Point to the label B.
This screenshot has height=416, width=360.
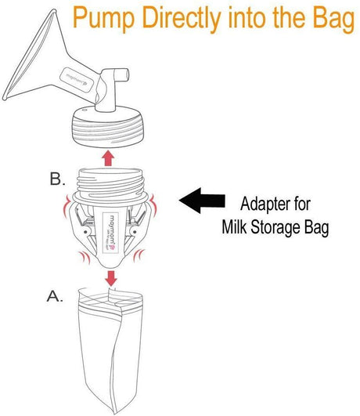pos(56,179)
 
